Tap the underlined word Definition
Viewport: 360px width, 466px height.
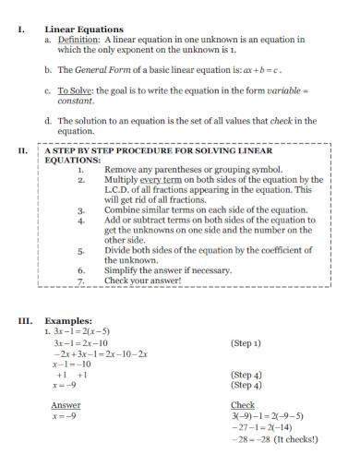point(77,40)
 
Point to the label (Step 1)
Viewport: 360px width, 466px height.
point(246,342)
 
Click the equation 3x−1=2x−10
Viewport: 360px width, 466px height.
point(80,342)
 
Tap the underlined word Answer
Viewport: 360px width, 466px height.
point(65,405)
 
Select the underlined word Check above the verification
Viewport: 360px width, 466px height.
point(242,405)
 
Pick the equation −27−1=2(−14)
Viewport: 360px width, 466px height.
point(264,427)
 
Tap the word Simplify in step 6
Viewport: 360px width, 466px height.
point(123,270)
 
